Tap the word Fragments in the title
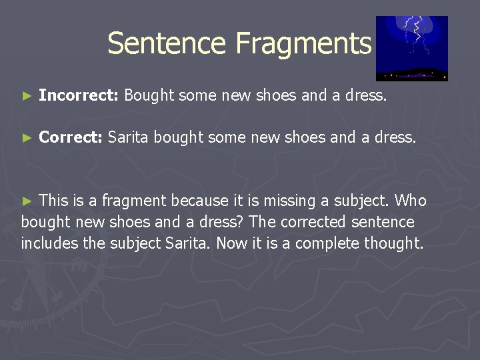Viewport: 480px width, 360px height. point(303,43)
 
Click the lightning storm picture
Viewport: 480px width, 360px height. point(411,48)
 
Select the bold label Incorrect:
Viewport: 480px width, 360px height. point(79,95)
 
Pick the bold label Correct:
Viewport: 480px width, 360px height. point(71,138)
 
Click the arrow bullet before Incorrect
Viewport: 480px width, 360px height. point(27,96)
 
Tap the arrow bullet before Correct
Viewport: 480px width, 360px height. point(27,139)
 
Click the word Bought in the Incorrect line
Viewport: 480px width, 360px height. point(149,95)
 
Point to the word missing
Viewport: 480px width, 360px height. point(275,201)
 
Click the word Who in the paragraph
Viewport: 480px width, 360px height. point(411,201)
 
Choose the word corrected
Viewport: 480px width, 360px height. point(309,222)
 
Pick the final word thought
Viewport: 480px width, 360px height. point(393,243)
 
